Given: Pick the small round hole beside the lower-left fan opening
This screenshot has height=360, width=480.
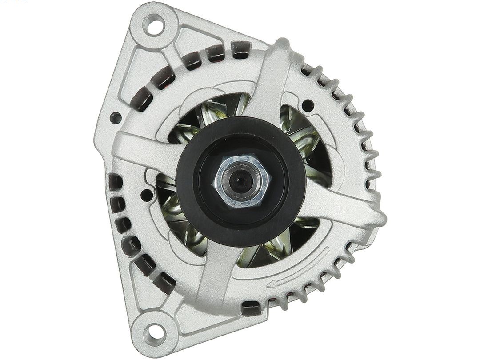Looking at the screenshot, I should [x=147, y=195].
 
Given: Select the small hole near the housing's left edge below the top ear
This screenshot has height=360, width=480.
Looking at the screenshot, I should [x=116, y=118].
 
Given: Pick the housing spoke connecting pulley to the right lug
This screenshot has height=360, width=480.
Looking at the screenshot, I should [x=342, y=204].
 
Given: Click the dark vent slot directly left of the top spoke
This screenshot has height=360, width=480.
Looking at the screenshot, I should [x=240, y=50].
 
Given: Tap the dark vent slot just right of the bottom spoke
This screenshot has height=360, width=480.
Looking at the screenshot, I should [x=252, y=307].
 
